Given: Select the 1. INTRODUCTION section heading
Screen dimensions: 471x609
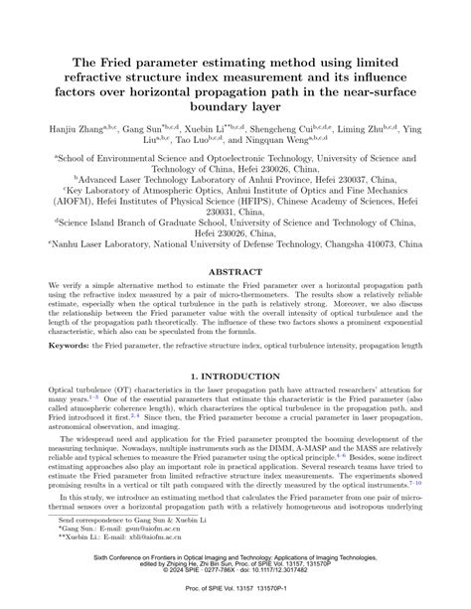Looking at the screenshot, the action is tap(235, 351).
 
